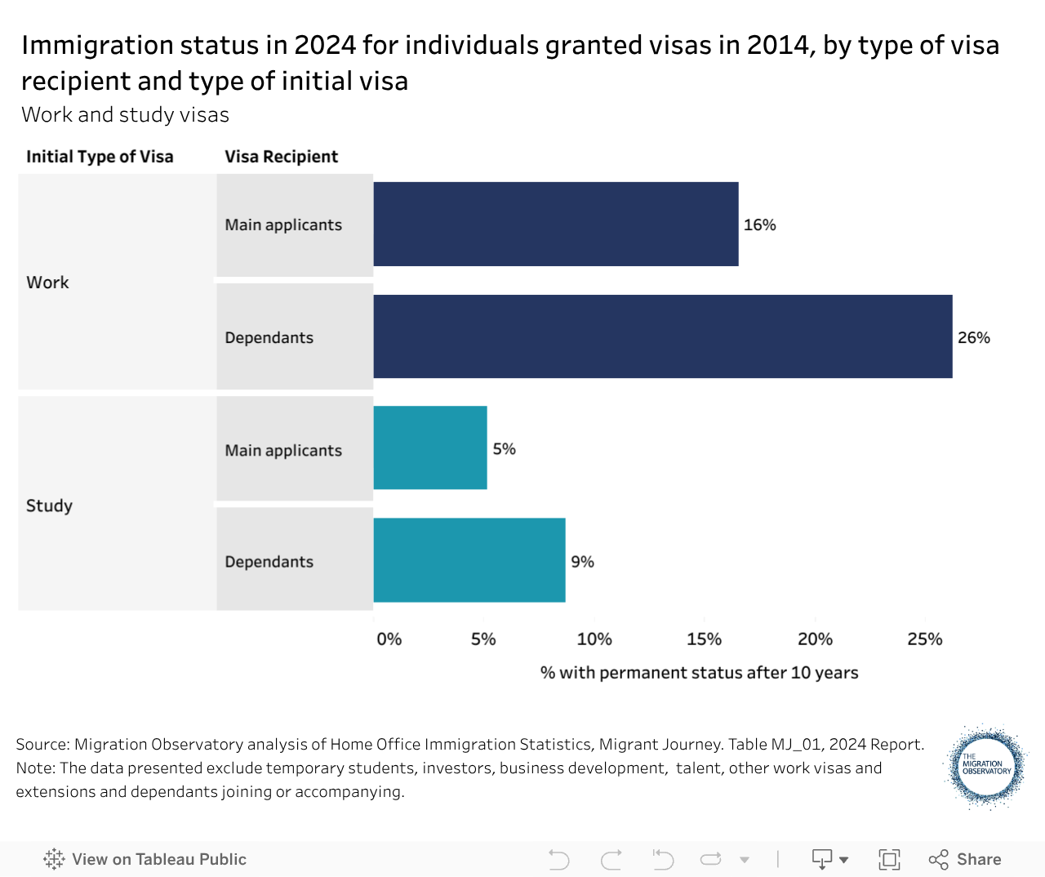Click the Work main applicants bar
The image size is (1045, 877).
coord(555,224)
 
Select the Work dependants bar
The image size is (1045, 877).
coord(662,336)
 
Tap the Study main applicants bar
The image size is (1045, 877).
coord(430,448)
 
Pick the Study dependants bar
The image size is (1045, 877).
coord(469,560)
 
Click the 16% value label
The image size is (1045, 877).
coord(759,225)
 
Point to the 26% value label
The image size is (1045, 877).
coord(973,337)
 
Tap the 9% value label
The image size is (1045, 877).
coord(582,561)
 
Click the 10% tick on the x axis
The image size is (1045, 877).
coord(594,639)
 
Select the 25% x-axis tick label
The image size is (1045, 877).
coord(924,639)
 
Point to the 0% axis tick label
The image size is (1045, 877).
coord(389,639)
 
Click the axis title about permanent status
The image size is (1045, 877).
coord(699,672)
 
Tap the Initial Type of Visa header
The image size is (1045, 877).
coord(100,157)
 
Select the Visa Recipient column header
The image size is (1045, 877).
coord(281,157)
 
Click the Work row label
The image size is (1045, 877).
coord(47,282)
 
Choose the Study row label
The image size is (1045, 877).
coord(49,505)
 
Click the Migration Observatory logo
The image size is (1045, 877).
coord(986,767)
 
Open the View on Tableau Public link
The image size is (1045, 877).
coord(145,859)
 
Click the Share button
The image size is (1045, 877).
coord(965,859)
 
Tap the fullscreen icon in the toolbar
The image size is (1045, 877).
coord(888,859)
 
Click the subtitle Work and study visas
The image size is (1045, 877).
coord(125,114)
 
